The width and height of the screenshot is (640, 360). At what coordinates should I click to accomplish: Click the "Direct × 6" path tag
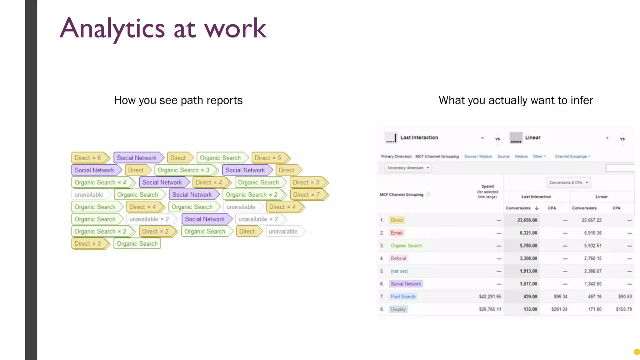pos(88,158)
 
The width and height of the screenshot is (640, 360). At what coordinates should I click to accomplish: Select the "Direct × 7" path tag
pos(307,195)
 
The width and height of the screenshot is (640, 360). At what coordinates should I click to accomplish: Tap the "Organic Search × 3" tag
pos(183,170)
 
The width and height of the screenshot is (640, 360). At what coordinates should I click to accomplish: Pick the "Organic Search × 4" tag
pos(100,182)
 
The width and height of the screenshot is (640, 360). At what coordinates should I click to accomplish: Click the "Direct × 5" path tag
pos(268,158)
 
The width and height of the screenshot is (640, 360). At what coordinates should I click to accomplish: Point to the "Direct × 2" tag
pos(155,232)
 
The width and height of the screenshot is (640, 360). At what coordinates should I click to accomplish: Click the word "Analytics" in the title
pos(112,29)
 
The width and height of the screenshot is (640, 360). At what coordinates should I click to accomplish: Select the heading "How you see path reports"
pos(178,100)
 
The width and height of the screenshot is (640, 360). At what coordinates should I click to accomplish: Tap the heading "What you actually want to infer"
pos(516,100)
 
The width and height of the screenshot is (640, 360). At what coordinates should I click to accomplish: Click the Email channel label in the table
pos(396,233)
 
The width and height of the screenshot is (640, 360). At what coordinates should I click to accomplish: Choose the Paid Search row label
pos(403,297)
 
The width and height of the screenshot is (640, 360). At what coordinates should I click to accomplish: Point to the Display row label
pos(398,309)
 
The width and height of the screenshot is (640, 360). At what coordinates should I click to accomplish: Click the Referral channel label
pos(398,258)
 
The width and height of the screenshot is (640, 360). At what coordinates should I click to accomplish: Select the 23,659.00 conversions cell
pos(527,220)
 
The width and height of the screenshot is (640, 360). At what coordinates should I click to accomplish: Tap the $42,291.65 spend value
pos(490,297)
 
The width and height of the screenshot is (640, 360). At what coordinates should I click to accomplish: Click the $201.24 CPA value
pos(559,309)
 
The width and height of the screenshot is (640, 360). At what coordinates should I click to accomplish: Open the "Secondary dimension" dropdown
pos(408,168)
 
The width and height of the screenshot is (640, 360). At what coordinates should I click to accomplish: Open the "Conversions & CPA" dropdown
pos(568,182)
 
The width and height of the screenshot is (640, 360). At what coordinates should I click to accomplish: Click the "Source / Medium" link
pos(478,157)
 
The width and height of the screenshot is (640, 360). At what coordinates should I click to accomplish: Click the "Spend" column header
pos(487,186)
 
